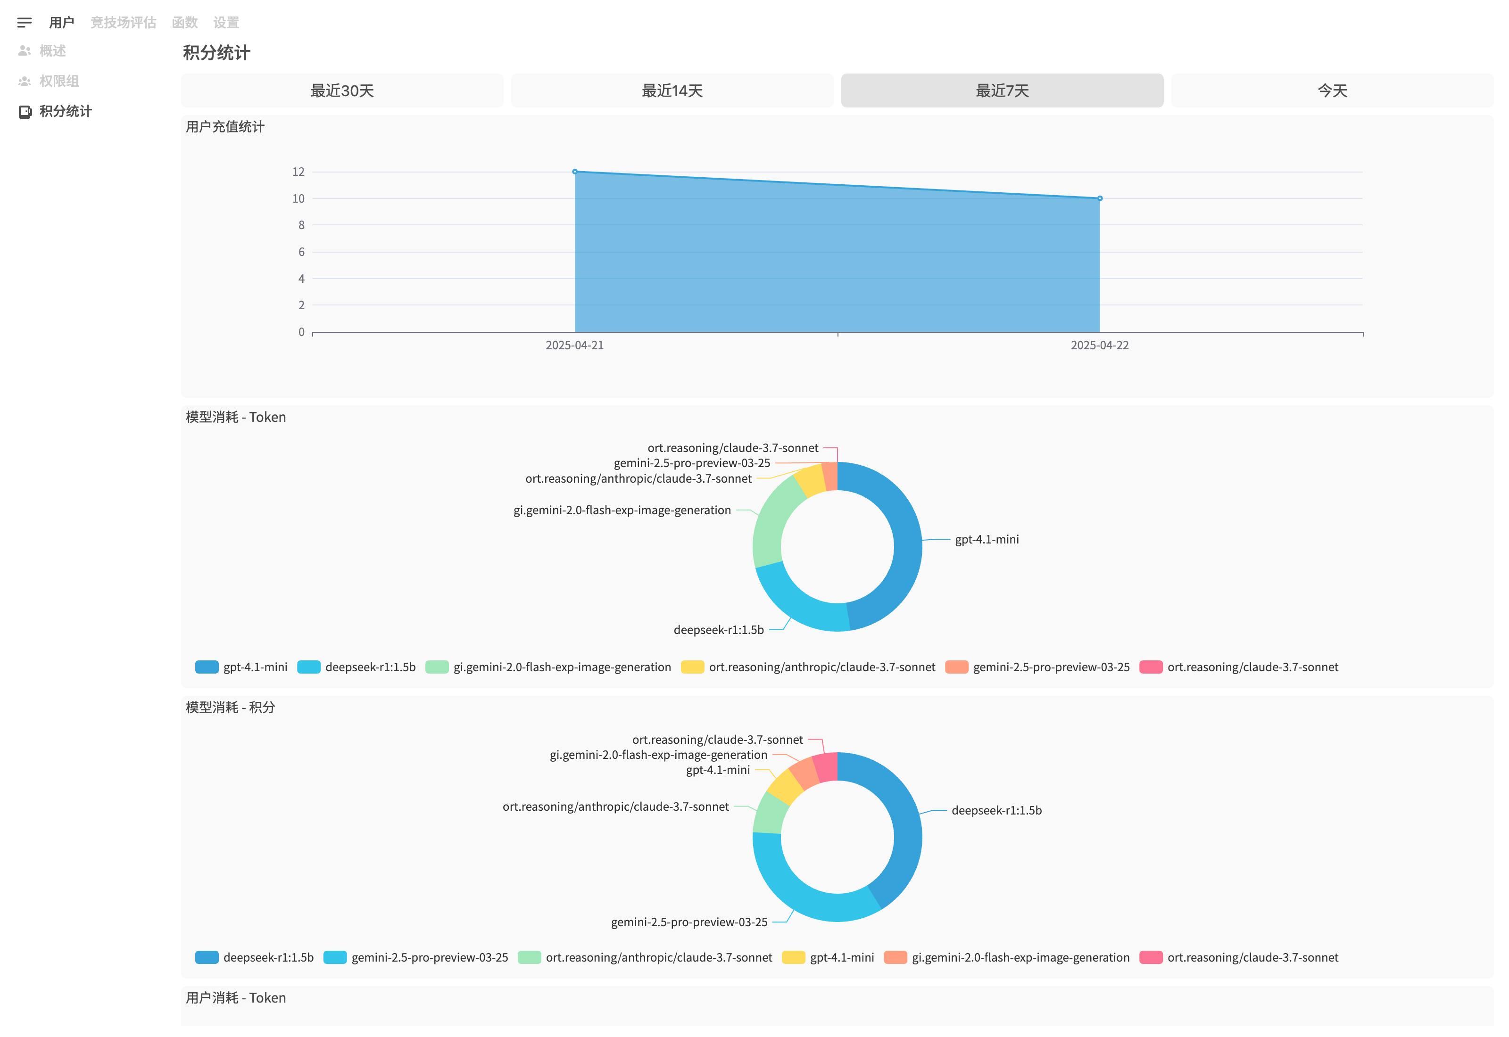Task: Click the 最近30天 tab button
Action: click(342, 91)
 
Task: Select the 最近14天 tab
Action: click(672, 91)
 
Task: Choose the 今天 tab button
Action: click(1332, 91)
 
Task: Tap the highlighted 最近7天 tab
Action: click(1002, 91)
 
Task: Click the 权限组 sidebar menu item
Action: click(58, 81)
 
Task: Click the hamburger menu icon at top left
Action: click(25, 23)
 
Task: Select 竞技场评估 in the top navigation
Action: click(124, 23)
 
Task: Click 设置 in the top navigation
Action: click(226, 23)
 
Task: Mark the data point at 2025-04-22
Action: click(1100, 198)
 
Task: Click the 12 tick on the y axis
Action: click(298, 172)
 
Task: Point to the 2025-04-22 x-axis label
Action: click(1100, 345)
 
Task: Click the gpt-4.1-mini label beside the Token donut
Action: click(987, 539)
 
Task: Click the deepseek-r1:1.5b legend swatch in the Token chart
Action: click(309, 667)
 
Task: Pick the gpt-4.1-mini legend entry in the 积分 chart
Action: click(828, 957)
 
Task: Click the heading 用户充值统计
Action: click(225, 127)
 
